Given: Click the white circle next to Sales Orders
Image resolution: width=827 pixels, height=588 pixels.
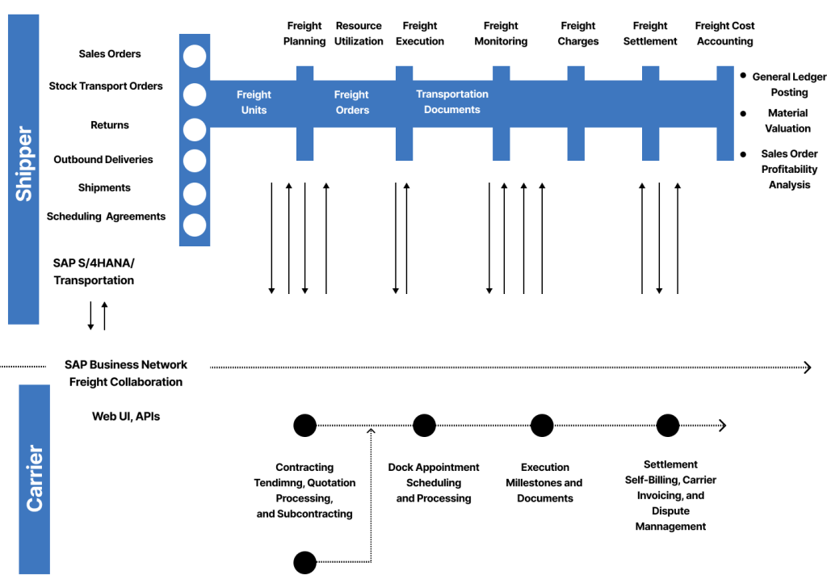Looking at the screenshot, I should pos(195,57).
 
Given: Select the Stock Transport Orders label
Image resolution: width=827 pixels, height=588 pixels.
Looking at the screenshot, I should pos(106,86).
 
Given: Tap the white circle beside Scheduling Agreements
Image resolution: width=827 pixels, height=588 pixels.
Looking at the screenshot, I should pos(195,225).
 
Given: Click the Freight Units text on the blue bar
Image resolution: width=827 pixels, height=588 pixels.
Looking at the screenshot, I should pos(254,103).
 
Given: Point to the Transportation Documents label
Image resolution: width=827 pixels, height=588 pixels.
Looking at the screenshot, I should pos(452,102).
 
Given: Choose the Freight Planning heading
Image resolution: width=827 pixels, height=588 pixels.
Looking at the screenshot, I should pos(304,33).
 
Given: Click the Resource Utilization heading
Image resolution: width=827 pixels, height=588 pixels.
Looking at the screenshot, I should pos(359,33).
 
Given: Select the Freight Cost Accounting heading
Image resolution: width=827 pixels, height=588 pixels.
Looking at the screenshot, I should pos(724,33).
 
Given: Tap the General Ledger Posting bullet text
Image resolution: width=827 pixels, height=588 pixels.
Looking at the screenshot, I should pos(789,85).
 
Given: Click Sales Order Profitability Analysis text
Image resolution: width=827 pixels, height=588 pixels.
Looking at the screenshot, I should pos(789,169).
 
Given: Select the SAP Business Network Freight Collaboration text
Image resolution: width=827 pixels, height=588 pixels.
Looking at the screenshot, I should pos(126,373).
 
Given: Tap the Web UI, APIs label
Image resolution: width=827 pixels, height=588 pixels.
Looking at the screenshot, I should pos(126,416).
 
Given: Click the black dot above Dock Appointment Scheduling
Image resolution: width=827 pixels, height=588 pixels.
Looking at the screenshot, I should pos(424,425).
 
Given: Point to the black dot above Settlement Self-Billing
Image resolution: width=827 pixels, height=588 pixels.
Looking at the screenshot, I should pos(668,425).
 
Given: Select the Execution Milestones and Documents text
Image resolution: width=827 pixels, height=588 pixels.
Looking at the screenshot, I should pos(544,483).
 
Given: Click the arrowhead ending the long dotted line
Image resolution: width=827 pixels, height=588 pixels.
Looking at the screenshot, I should pos(807,367).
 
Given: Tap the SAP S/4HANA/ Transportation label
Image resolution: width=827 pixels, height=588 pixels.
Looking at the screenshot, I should pos(94,271).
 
